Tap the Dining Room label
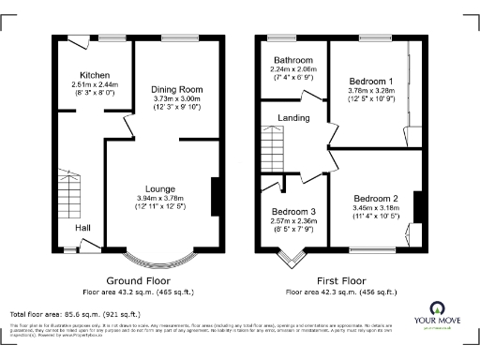pyautogui.click(x=176, y=89)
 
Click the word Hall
pyautogui.click(x=82, y=226)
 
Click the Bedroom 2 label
pyautogui.click(x=377, y=198)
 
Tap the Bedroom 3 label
pyautogui.click(x=292, y=212)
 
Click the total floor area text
pyautogui.click(x=75, y=313)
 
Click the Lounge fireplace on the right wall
pyautogui.click(x=215, y=194)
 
